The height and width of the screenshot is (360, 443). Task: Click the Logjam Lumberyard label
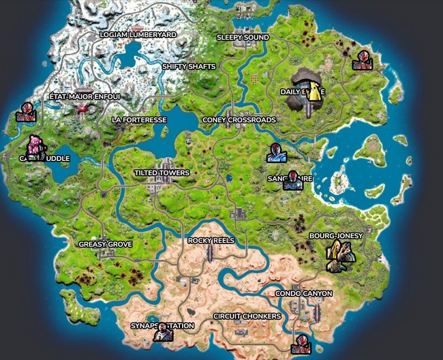[x=138, y=34]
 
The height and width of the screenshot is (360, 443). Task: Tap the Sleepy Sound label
[x=243, y=37]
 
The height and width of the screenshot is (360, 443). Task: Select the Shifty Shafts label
[x=189, y=66]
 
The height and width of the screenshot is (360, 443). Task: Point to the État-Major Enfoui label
[x=85, y=97]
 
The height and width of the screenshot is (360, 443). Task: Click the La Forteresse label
[x=139, y=119]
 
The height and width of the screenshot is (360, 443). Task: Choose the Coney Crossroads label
[x=239, y=119]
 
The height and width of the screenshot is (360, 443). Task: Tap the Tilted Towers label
[x=162, y=173]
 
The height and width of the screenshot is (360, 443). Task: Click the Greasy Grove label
[x=105, y=243]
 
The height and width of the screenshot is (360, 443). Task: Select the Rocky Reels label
[x=211, y=241]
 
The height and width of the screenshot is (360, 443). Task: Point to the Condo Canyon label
[x=304, y=293]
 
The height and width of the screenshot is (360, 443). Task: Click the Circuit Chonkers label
[x=247, y=316]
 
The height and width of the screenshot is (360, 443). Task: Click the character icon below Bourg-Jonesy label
[x=339, y=256]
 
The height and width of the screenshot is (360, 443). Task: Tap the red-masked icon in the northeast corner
[x=361, y=61]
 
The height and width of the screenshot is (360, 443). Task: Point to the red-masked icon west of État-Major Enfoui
[x=26, y=112]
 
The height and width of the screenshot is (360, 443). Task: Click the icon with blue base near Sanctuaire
[x=277, y=153]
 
